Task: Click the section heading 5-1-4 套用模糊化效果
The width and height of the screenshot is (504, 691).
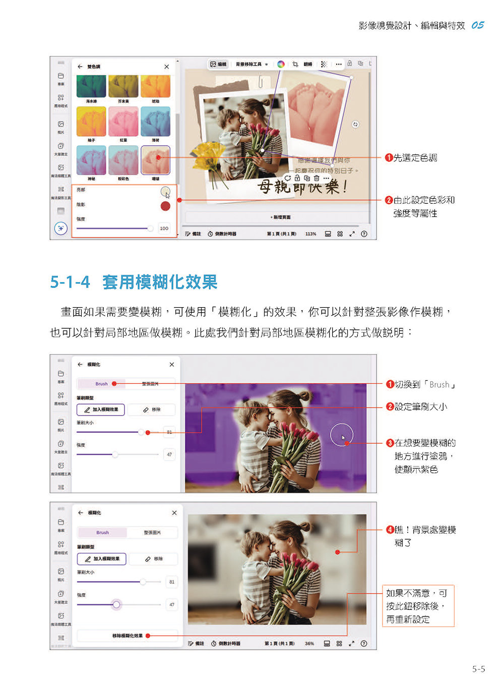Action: pyautogui.click(x=134, y=282)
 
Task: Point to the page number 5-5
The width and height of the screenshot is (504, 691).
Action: pyautogui.click(x=478, y=669)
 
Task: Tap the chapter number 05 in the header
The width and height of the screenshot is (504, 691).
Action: pyautogui.click(x=477, y=25)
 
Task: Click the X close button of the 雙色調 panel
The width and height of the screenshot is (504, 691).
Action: pyautogui.click(x=167, y=67)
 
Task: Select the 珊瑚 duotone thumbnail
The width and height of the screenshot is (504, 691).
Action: pyautogui.click(x=155, y=160)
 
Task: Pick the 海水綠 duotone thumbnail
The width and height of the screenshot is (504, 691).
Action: pyautogui.click(x=91, y=86)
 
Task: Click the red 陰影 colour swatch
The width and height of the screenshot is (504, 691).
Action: pyautogui.click(x=165, y=206)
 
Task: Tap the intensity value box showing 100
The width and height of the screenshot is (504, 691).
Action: pyautogui.click(x=164, y=228)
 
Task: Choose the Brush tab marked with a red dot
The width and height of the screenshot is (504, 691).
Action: pyautogui.click(x=102, y=384)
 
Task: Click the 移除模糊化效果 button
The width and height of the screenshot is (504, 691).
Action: pyautogui.click(x=128, y=636)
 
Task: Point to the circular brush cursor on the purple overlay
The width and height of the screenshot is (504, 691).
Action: pyautogui.click(x=342, y=434)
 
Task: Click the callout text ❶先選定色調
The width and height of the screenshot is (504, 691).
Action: pyautogui.click(x=411, y=158)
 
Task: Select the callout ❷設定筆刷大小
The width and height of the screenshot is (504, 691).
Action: pyautogui.click(x=417, y=407)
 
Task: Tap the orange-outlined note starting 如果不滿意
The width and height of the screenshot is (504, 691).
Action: pyautogui.click(x=418, y=606)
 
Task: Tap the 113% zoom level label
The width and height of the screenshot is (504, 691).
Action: pyautogui.click(x=310, y=234)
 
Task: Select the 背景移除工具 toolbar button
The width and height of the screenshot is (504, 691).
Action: pyautogui.click(x=250, y=65)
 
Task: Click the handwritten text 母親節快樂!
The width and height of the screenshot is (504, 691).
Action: pyautogui.click(x=302, y=187)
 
